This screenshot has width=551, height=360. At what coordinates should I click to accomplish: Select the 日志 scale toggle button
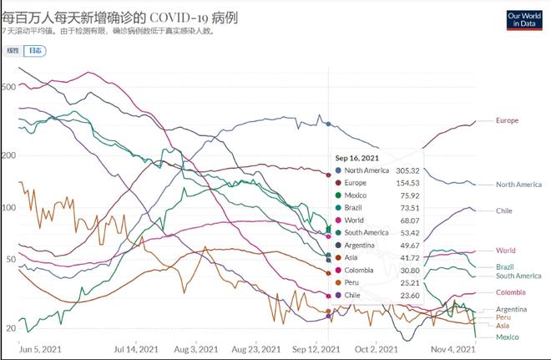pyautogui.click(x=35, y=51)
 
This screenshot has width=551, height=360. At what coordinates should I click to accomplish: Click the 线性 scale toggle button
pyautogui.click(x=13, y=51)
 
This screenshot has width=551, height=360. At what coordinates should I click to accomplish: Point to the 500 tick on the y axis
pyautogui.click(x=9, y=87)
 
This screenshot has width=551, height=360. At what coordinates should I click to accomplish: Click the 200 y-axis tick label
pyautogui.click(x=9, y=155)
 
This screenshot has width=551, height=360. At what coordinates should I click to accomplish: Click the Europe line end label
pyautogui.click(x=507, y=120)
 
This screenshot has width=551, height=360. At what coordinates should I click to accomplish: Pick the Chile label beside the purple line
pyautogui.click(x=503, y=210)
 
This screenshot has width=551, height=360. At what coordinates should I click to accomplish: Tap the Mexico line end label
pyautogui.click(x=508, y=337)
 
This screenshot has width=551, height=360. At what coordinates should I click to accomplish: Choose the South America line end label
pyautogui.click(x=518, y=276)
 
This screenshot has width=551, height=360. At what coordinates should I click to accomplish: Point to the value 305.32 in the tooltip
pyautogui.click(x=407, y=170)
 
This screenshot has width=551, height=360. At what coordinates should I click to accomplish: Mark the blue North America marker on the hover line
pyautogui.click(x=328, y=124)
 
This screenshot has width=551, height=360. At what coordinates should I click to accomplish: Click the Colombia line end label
pyautogui.click(x=511, y=292)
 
